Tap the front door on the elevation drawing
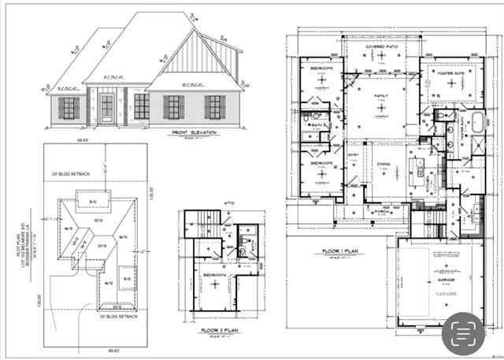click(x=106, y=109)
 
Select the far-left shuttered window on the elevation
click(x=69, y=108)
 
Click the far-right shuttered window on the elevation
click(x=214, y=107)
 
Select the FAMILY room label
click(x=381, y=95)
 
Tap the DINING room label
click(x=384, y=164)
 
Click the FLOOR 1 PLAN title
click(x=339, y=252)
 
